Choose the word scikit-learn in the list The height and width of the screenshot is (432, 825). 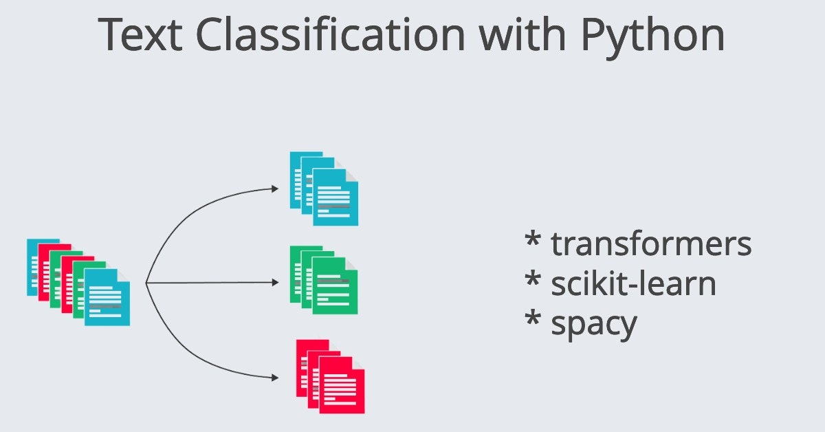(633, 283)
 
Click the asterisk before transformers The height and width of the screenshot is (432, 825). (533, 240)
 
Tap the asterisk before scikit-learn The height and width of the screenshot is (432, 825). (533, 279)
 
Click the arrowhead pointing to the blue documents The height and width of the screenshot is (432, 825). (275, 188)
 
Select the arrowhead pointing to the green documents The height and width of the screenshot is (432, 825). (275, 282)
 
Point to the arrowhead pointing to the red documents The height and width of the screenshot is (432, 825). (275, 377)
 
